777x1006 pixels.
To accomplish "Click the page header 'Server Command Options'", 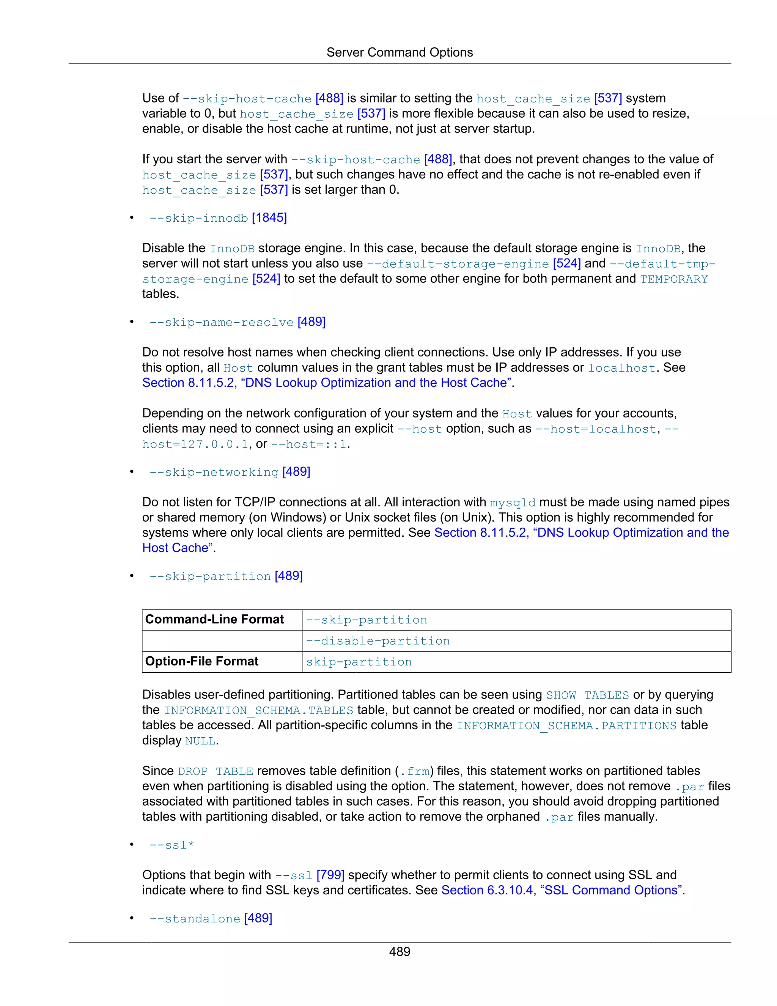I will pyautogui.click(x=399, y=52).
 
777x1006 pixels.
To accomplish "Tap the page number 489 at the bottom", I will pyautogui.click(x=399, y=951).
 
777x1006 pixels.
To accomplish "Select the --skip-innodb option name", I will pyautogui.click(x=198, y=218).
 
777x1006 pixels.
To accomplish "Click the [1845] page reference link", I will pyautogui.click(x=269, y=218).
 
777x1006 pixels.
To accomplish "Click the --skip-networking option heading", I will pyautogui.click(x=214, y=472).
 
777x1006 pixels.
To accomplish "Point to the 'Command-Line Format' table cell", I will pyautogui.click(x=214, y=620).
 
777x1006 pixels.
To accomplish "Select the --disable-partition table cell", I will pyautogui.click(x=377, y=641).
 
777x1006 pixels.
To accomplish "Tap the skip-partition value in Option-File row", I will pyautogui.click(x=359, y=662).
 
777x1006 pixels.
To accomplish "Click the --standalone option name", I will pyautogui.click(x=194, y=918).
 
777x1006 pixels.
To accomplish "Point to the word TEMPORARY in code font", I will pyautogui.click(x=673, y=279).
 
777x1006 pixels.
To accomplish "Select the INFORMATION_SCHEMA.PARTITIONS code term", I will pyautogui.click(x=566, y=725).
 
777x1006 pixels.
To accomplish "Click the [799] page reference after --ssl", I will pyautogui.click(x=330, y=875).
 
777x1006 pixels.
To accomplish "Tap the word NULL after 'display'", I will pyautogui.click(x=200, y=741).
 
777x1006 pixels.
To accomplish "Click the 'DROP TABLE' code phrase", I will pyautogui.click(x=215, y=771).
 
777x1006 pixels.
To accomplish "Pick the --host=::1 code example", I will pyautogui.click(x=308, y=444).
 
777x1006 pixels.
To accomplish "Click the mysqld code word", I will pyautogui.click(x=512, y=503).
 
